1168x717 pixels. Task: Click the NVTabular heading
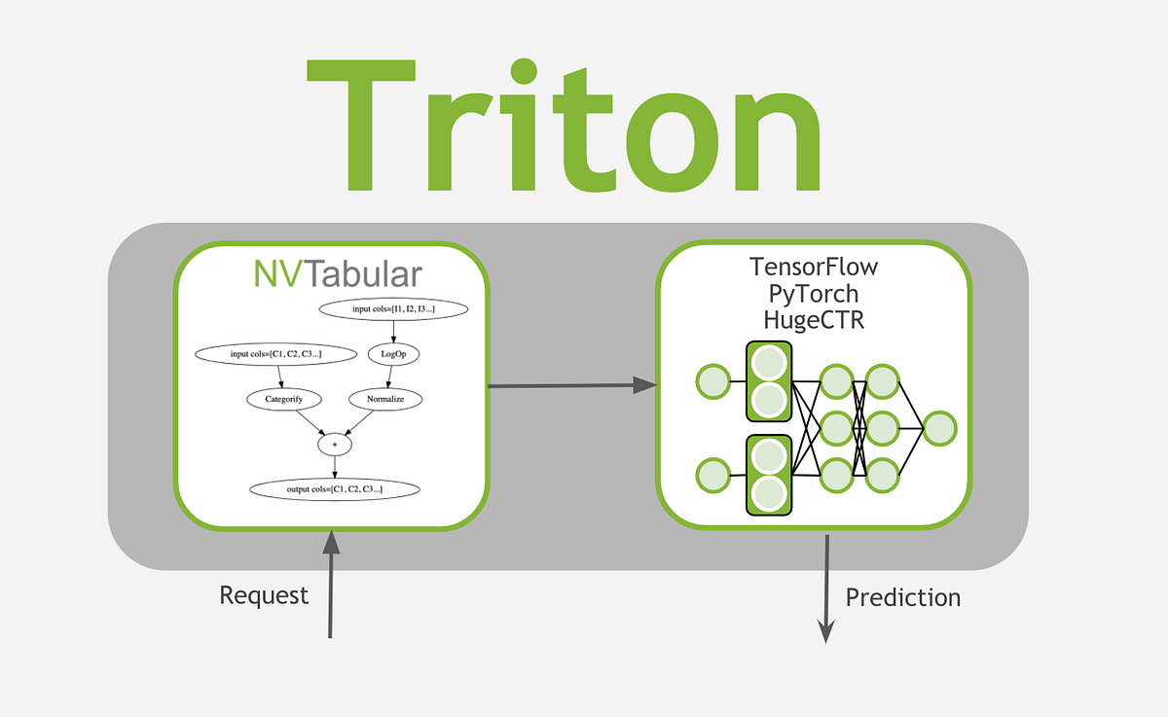[x=331, y=273]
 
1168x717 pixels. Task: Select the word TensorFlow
[x=815, y=267]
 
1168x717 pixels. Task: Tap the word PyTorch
[x=814, y=293]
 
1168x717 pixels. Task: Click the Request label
[x=264, y=594]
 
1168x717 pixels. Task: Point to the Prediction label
[x=902, y=596]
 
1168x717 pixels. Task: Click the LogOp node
[x=393, y=355]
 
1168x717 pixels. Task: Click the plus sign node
[x=334, y=444]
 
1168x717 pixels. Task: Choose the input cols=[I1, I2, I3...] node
[x=394, y=309]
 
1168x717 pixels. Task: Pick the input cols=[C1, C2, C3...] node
[x=275, y=354]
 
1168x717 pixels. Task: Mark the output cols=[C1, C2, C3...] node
[x=334, y=488]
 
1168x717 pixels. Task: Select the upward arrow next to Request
[x=332, y=584]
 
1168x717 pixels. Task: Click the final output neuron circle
[x=939, y=428]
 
